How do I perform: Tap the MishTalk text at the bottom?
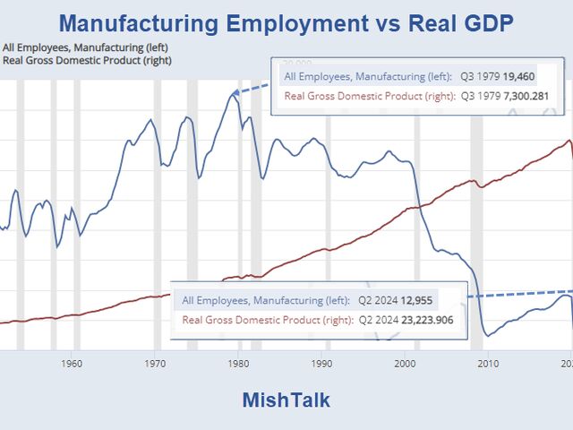tap(286, 400)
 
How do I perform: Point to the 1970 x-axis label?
tap(155, 363)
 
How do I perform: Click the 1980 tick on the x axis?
tap(238, 363)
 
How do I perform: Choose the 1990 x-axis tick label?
tap(322, 363)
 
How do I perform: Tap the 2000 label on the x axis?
tap(406, 363)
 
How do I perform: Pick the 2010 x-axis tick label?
tap(489, 363)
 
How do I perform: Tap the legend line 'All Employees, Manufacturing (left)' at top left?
tap(84, 47)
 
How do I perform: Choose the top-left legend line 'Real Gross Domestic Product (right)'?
tap(87, 60)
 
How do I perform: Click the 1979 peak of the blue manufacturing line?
tap(232, 93)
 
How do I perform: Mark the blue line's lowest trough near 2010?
tap(488, 336)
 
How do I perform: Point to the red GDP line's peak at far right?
tap(569, 141)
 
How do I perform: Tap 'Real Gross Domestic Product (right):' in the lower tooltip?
tap(268, 319)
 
